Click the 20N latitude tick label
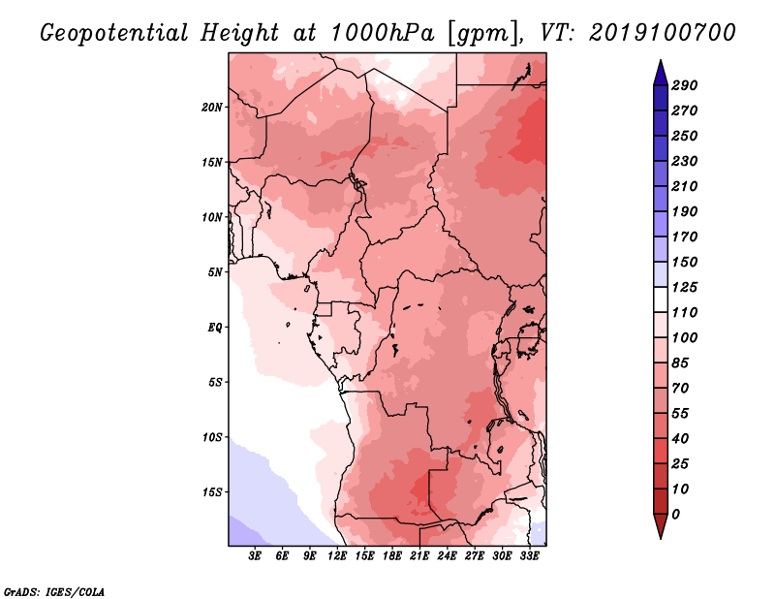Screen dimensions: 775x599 (212, 108)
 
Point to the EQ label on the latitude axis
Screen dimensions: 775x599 (215, 328)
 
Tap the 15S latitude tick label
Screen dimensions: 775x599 (212, 492)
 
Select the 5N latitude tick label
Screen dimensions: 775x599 (215, 272)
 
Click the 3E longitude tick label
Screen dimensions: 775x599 (255, 556)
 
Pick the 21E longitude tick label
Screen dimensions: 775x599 (419, 556)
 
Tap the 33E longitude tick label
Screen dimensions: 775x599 (529, 556)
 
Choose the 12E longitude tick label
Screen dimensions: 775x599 (337, 556)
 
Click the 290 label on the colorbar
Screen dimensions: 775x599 (684, 85)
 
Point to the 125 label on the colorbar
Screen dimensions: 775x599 (684, 287)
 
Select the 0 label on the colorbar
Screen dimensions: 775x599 (675, 515)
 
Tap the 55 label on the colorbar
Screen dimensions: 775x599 (680, 414)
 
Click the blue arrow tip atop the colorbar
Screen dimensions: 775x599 (661, 60)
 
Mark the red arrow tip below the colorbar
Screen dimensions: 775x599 (661, 538)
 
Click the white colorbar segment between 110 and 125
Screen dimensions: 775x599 (661, 299)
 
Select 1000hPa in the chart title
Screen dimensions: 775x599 (382, 33)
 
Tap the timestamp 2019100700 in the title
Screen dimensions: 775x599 (663, 33)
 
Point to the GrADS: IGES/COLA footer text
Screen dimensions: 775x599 (54, 592)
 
